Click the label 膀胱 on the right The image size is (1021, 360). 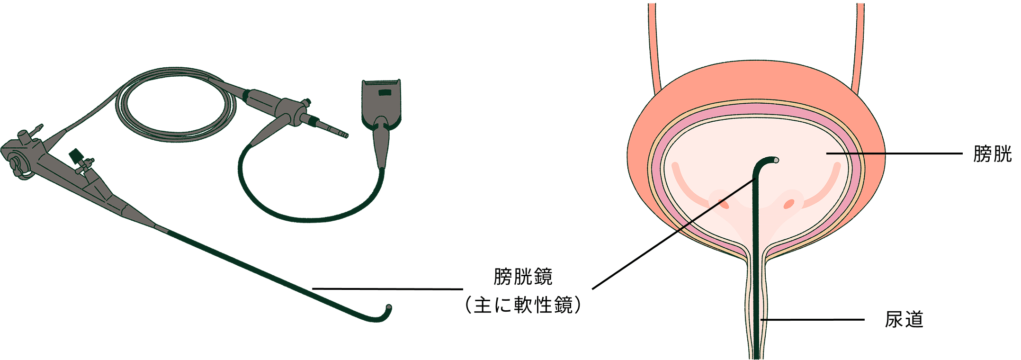tap(992, 154)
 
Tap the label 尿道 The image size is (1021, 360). tap(904, 320)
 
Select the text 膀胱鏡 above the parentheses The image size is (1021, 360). tap(523, 277)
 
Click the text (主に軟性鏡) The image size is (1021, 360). tap(523, 305)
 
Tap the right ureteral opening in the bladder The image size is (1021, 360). tap(788, 204)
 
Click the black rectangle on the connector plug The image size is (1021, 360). tap(385, 92)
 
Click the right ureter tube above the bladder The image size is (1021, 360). tap(858, 47)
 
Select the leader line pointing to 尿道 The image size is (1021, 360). tap(812, 320)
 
